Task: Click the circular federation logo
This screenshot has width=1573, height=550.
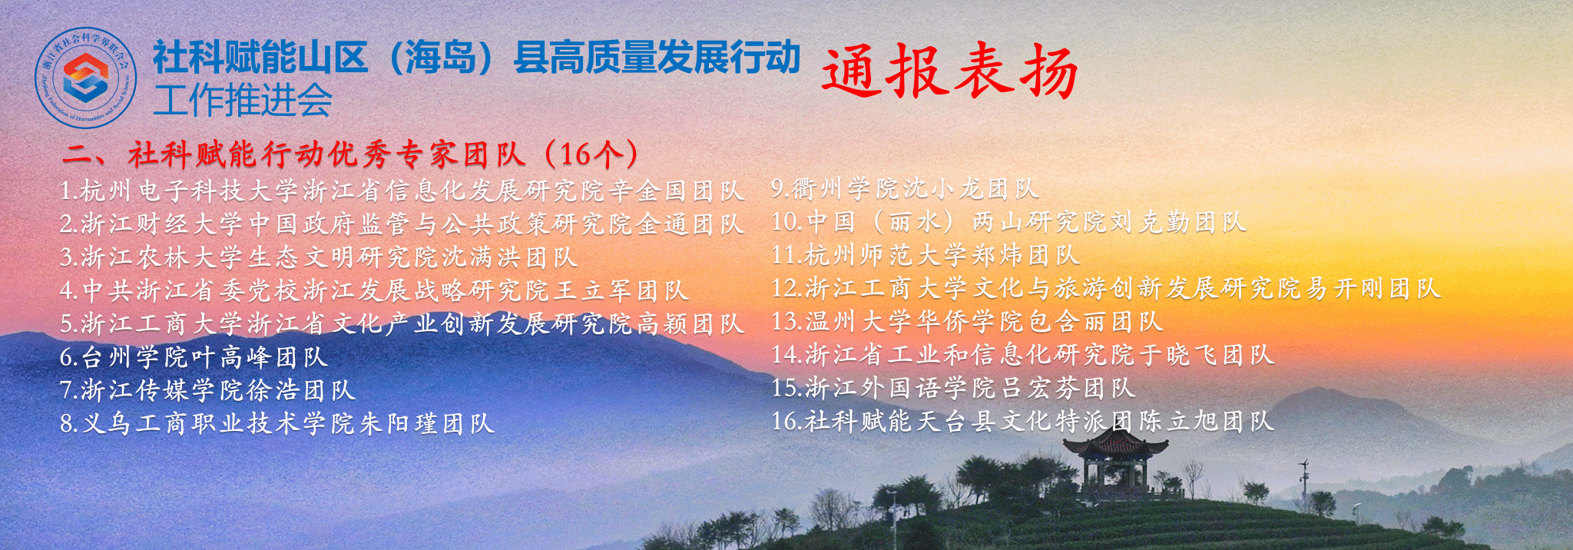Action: tap(86, 78)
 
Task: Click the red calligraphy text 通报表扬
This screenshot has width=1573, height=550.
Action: tap(949, 71)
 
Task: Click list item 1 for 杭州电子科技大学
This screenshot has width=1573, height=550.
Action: tap(402, 191)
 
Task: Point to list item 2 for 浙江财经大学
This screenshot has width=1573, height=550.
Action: tap(402, 224)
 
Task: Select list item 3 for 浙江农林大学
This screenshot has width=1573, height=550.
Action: tap(318, 257)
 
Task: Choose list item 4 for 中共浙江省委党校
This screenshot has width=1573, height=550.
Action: tap(374, 290)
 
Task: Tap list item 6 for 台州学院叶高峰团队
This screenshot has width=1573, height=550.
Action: tap(194, 356)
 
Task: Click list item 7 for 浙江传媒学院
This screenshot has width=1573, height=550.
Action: tap(207, 390)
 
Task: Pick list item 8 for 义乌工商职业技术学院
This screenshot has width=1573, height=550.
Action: tap(277, 423)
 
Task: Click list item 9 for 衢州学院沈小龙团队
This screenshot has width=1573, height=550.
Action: tap(905, 188)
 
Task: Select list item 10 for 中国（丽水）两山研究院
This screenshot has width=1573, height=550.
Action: tap(1008, 222)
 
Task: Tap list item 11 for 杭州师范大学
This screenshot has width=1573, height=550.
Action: tap(926, 255)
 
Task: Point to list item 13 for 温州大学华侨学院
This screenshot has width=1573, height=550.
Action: tap(967, 321)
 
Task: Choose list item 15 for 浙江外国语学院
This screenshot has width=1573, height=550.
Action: tap(953, 388)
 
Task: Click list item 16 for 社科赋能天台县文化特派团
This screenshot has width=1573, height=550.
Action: tap(1022, 421)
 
